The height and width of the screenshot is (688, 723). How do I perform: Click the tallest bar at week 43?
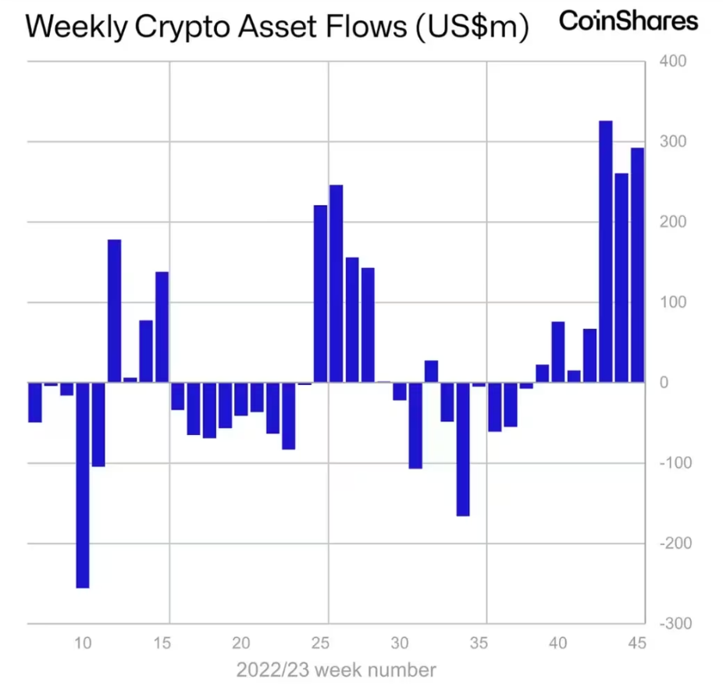tap(605, 251)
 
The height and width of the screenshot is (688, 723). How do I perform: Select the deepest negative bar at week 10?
tap(82, 484)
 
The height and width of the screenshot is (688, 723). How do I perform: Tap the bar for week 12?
tap(114, 311)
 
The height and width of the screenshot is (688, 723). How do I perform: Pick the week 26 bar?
tap(336, 283)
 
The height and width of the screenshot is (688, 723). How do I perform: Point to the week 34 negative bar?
tap(463, 449)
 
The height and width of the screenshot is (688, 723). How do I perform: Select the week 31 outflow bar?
tap(415, 425)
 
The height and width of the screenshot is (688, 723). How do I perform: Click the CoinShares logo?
tap(628, 21)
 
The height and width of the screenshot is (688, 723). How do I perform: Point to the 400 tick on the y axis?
tap(673, 61)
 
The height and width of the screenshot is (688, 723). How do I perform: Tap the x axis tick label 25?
tap(320, 644)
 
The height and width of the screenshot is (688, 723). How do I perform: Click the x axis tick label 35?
tap(479, 644)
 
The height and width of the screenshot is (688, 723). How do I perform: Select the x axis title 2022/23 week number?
tap(336, 670)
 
